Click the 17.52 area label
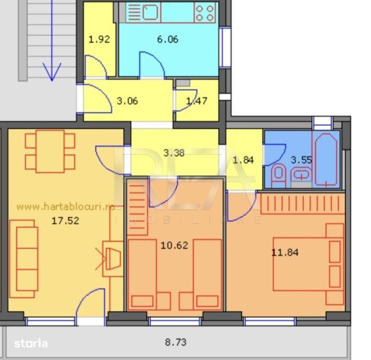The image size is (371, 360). click(63, 222)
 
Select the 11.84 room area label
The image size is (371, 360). click(285, 252)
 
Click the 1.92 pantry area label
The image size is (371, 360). click(99, 39)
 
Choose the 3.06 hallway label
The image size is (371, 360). click(127, 101)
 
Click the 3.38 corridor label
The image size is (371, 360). click(174, 152)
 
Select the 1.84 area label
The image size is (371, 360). click(244, 159)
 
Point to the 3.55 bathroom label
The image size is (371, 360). click(301, 159)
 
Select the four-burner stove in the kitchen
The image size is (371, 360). click(205, 12)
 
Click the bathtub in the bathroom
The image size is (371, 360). click(327, 159)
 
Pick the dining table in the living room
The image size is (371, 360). click(50, 151)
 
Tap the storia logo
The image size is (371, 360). click(31, 343)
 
